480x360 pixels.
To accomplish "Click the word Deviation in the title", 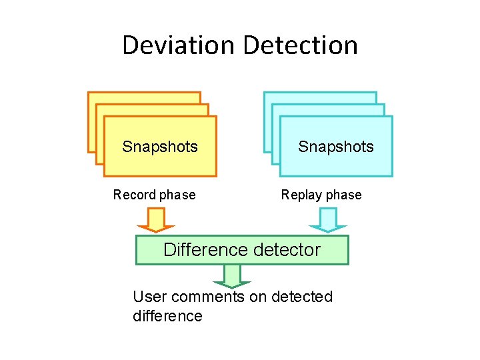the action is [179, 45].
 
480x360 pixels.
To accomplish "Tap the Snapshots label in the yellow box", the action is [160, 147].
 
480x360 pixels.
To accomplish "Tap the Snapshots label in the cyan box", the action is [336, 147].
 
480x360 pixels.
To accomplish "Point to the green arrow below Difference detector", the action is [232, 275].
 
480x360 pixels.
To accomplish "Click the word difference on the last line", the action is [167, 316].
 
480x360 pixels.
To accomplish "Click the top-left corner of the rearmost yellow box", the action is [89, 93].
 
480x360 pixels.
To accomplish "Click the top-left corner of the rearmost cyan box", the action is [265, 93].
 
